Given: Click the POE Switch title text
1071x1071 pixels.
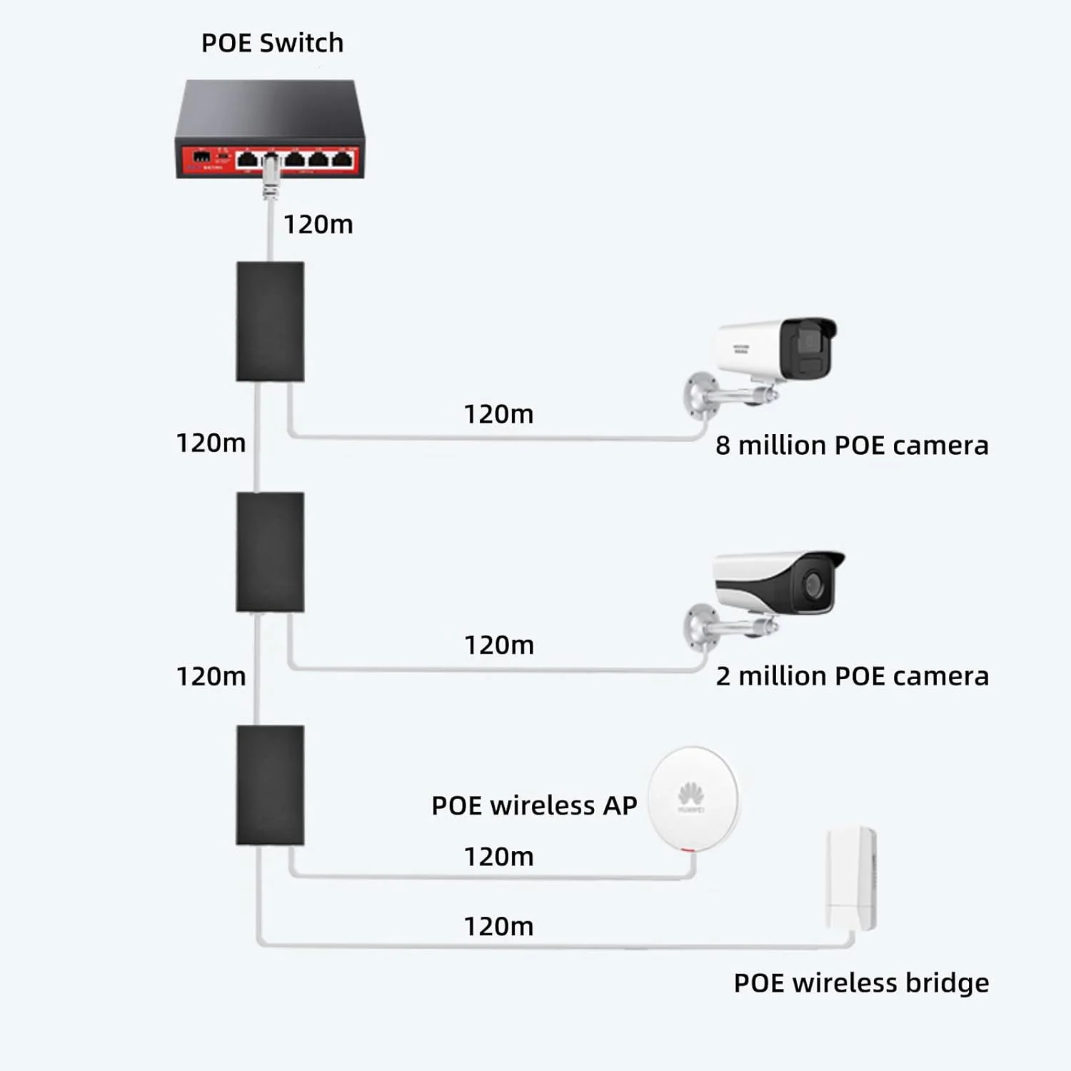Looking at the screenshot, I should pyautogui.click(x=272, y=44).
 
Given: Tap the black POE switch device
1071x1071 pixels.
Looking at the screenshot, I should pyautogui.click(x=270, y=129).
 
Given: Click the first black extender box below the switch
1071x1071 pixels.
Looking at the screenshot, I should pyautogui.click(x=270, y=321).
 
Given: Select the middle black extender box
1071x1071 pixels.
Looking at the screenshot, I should pyautogui.click(x=270, y=552).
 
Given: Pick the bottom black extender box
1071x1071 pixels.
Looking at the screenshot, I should pyautogui.click(x=270, y=785).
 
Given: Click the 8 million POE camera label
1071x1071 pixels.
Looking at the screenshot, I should pyautogui.click(x=852, y=446).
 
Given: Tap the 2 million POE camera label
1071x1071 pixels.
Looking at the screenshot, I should pyautogui.click(x=852, y=676).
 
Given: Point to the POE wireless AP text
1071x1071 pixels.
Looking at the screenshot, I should pyautogui.click(x=534, y=805).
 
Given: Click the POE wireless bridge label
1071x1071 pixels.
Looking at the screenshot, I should pyautogui.click(x=861, y=983).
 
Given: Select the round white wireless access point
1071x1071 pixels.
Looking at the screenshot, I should pyautogui.click(x=693, y=798).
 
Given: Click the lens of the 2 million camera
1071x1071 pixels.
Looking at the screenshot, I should pyautogui.click(x=814, y=584).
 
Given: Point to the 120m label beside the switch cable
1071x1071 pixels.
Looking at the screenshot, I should pyautogui.click(x=318, y=225).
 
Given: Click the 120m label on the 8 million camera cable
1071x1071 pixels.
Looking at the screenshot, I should pyautogui.click(x=498, y=414).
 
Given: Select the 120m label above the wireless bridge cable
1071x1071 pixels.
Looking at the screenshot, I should pyautogui.click(x=498, y=927).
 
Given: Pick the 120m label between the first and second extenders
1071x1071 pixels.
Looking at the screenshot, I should pyautogui.click(x=211, y=443).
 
